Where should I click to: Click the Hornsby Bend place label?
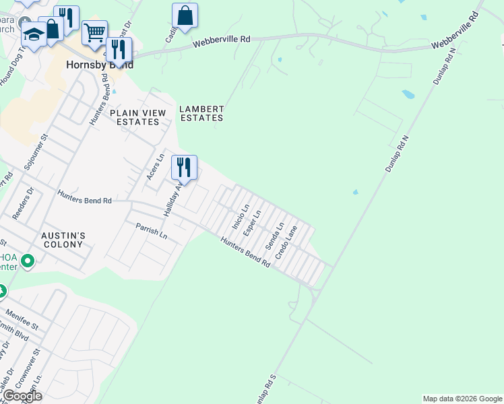point(100,65)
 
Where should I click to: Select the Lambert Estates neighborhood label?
point(201,113)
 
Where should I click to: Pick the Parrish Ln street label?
point(151,232)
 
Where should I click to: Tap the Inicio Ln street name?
point(241,216)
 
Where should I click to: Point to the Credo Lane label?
point(286,243)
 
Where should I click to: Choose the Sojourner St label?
point(36,151)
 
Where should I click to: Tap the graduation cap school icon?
point(34,32)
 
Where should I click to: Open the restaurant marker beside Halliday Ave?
point(184,166)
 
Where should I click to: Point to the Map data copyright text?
point(461,399)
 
